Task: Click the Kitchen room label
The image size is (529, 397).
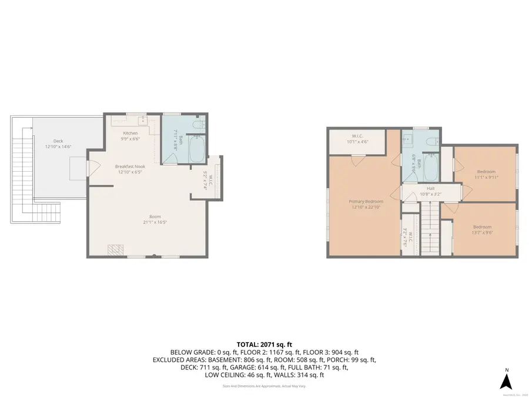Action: [130, 133]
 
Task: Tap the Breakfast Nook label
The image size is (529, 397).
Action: [130, 166]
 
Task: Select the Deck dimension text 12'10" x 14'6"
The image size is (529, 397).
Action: [58, 146]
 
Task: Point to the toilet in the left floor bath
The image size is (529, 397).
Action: [200, 124]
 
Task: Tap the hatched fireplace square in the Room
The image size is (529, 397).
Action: [115, 250]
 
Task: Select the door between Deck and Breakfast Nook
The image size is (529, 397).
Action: [89, 167]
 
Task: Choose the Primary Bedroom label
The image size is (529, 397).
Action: [366, 202]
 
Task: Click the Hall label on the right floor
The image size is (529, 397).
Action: [430, 189]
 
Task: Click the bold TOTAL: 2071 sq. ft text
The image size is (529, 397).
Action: [264, 344]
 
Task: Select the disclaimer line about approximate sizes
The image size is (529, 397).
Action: [264, 386]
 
